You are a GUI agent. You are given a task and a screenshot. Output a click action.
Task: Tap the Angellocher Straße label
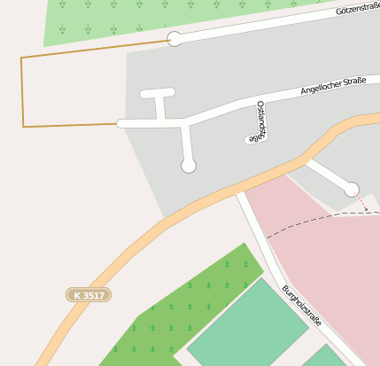tap(334, 86)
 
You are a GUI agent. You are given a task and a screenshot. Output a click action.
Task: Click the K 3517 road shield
tap(89, 294)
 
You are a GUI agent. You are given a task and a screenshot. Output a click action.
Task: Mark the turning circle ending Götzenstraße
tap(175, 39)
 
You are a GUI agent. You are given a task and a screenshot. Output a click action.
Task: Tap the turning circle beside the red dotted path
tap(352, 189)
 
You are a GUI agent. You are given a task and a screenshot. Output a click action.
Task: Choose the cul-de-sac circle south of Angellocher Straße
tap(188, 166)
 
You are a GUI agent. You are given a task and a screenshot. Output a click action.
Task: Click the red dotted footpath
tap(361, 202)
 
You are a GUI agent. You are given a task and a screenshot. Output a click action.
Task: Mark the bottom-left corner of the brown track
tap(23, 127)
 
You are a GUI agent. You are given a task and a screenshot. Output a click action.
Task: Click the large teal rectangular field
tap(247, 321)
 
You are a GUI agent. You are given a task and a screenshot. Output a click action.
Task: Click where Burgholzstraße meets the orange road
tap(240, 189)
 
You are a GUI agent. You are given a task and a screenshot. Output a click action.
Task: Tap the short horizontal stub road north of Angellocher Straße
tap(158, 92)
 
